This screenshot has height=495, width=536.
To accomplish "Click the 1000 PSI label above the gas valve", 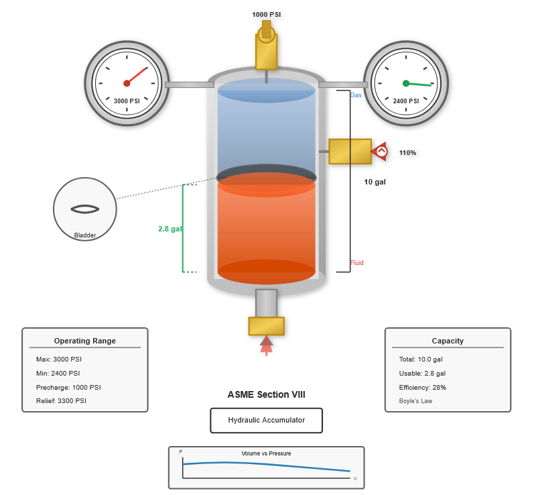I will (x=267, y=14).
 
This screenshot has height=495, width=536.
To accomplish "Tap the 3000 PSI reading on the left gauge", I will (x=127, y=101).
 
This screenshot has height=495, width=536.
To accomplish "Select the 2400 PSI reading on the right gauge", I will (x=406, y=101).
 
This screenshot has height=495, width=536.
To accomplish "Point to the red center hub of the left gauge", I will (x=127, y=83).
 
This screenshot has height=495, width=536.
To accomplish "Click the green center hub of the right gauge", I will (x=406, y=83).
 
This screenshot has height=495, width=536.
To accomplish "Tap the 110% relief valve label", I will (x=407, y=153).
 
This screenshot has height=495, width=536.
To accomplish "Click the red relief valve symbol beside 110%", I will (x=380, y=152).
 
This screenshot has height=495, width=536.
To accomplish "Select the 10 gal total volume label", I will (x=375, y=182).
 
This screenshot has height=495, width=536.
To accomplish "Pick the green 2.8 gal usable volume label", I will (x=170, y=229).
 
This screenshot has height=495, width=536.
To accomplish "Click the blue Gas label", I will (x=356, y=95).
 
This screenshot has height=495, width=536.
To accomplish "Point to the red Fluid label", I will (x=356, y=263).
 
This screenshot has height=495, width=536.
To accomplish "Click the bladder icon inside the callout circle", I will (x=85, y=209).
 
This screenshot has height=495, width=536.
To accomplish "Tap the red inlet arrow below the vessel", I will (x=266, y=343).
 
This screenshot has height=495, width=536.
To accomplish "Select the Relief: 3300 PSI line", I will (x=61, y=401).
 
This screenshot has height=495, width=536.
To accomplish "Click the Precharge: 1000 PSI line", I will (x=68, y=387).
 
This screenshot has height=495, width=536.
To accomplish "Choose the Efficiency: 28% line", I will (x=422, y=387).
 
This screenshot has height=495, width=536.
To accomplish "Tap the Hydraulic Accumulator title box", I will (x=266, y=421).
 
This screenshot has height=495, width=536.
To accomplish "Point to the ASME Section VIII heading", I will (x=266, y=394).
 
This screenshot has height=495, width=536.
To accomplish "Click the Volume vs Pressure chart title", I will (x=266, y=453).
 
